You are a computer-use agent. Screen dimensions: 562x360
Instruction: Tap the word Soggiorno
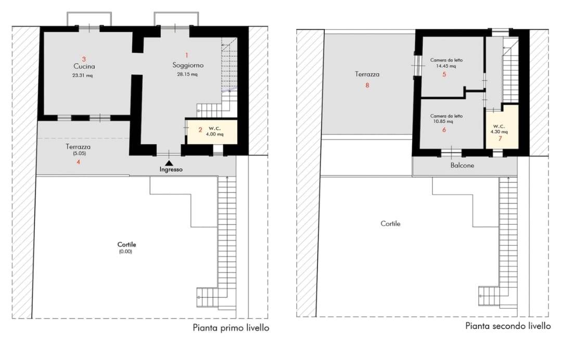pos(188,65)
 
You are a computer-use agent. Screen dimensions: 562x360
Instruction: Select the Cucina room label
pos(84,66)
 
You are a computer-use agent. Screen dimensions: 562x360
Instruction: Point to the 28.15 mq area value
pos(187,74)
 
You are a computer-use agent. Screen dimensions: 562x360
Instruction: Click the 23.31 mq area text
pos(82,75)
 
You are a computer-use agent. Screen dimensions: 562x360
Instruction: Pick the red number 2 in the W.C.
pos(200,130)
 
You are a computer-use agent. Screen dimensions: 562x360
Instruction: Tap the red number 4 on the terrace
pos(79,162)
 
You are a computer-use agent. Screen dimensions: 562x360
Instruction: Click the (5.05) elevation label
pos(79,153)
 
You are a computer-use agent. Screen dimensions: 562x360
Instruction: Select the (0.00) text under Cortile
pos(126,251)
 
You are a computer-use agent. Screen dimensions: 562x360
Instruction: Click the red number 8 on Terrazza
pos(367,85)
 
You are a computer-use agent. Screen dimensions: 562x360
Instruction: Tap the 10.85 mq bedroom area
pos(443,121)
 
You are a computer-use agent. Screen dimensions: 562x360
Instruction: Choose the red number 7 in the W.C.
pos(501,138)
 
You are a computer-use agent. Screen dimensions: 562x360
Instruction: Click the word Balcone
pos(463,165)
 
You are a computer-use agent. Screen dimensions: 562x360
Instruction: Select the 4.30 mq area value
pos(499,132)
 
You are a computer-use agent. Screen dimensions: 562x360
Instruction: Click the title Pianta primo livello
pos(231,328)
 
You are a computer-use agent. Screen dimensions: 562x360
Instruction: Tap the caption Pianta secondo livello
pos(508,326)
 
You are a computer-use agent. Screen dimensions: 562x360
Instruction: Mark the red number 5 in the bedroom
pos(444,74)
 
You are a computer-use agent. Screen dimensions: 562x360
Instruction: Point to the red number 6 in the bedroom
pos(444,130)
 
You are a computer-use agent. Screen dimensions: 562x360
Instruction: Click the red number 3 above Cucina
pos(84,59)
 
